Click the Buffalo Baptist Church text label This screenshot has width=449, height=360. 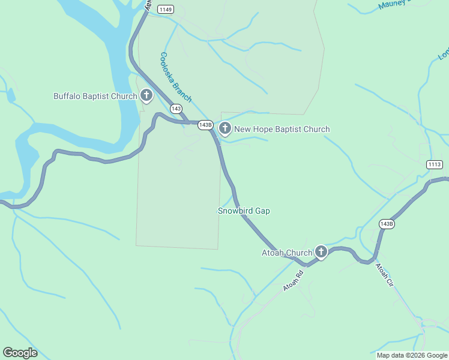pos(95,96)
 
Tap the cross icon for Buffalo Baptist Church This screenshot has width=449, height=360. pos(146,95)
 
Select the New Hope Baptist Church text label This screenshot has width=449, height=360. pos(282,129)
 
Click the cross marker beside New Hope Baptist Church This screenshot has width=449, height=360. pos(225,128)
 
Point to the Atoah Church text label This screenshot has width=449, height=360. pos(286,253)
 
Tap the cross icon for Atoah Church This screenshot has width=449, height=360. pos(321,252)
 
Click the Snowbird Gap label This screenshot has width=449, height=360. pos(243,211)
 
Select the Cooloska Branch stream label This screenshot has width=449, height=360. pos(176,77)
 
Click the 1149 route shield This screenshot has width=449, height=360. pos(166,9)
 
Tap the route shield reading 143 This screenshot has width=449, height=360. pos(176,109)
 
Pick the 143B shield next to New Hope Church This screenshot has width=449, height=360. pos(205,125)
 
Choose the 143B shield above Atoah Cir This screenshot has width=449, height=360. pos(387,224)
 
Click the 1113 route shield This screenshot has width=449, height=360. pos(435,164)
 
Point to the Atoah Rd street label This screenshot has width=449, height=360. pos(294,281)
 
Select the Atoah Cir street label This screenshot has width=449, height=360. pos(384,274)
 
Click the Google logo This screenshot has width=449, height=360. pos(20,353)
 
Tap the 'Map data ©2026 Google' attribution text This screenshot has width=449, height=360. pos(412,355)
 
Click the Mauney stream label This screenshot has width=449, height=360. pos(394,5)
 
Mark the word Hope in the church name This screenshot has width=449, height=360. pos(262,129)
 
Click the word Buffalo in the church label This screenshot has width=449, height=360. pos(67,96)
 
